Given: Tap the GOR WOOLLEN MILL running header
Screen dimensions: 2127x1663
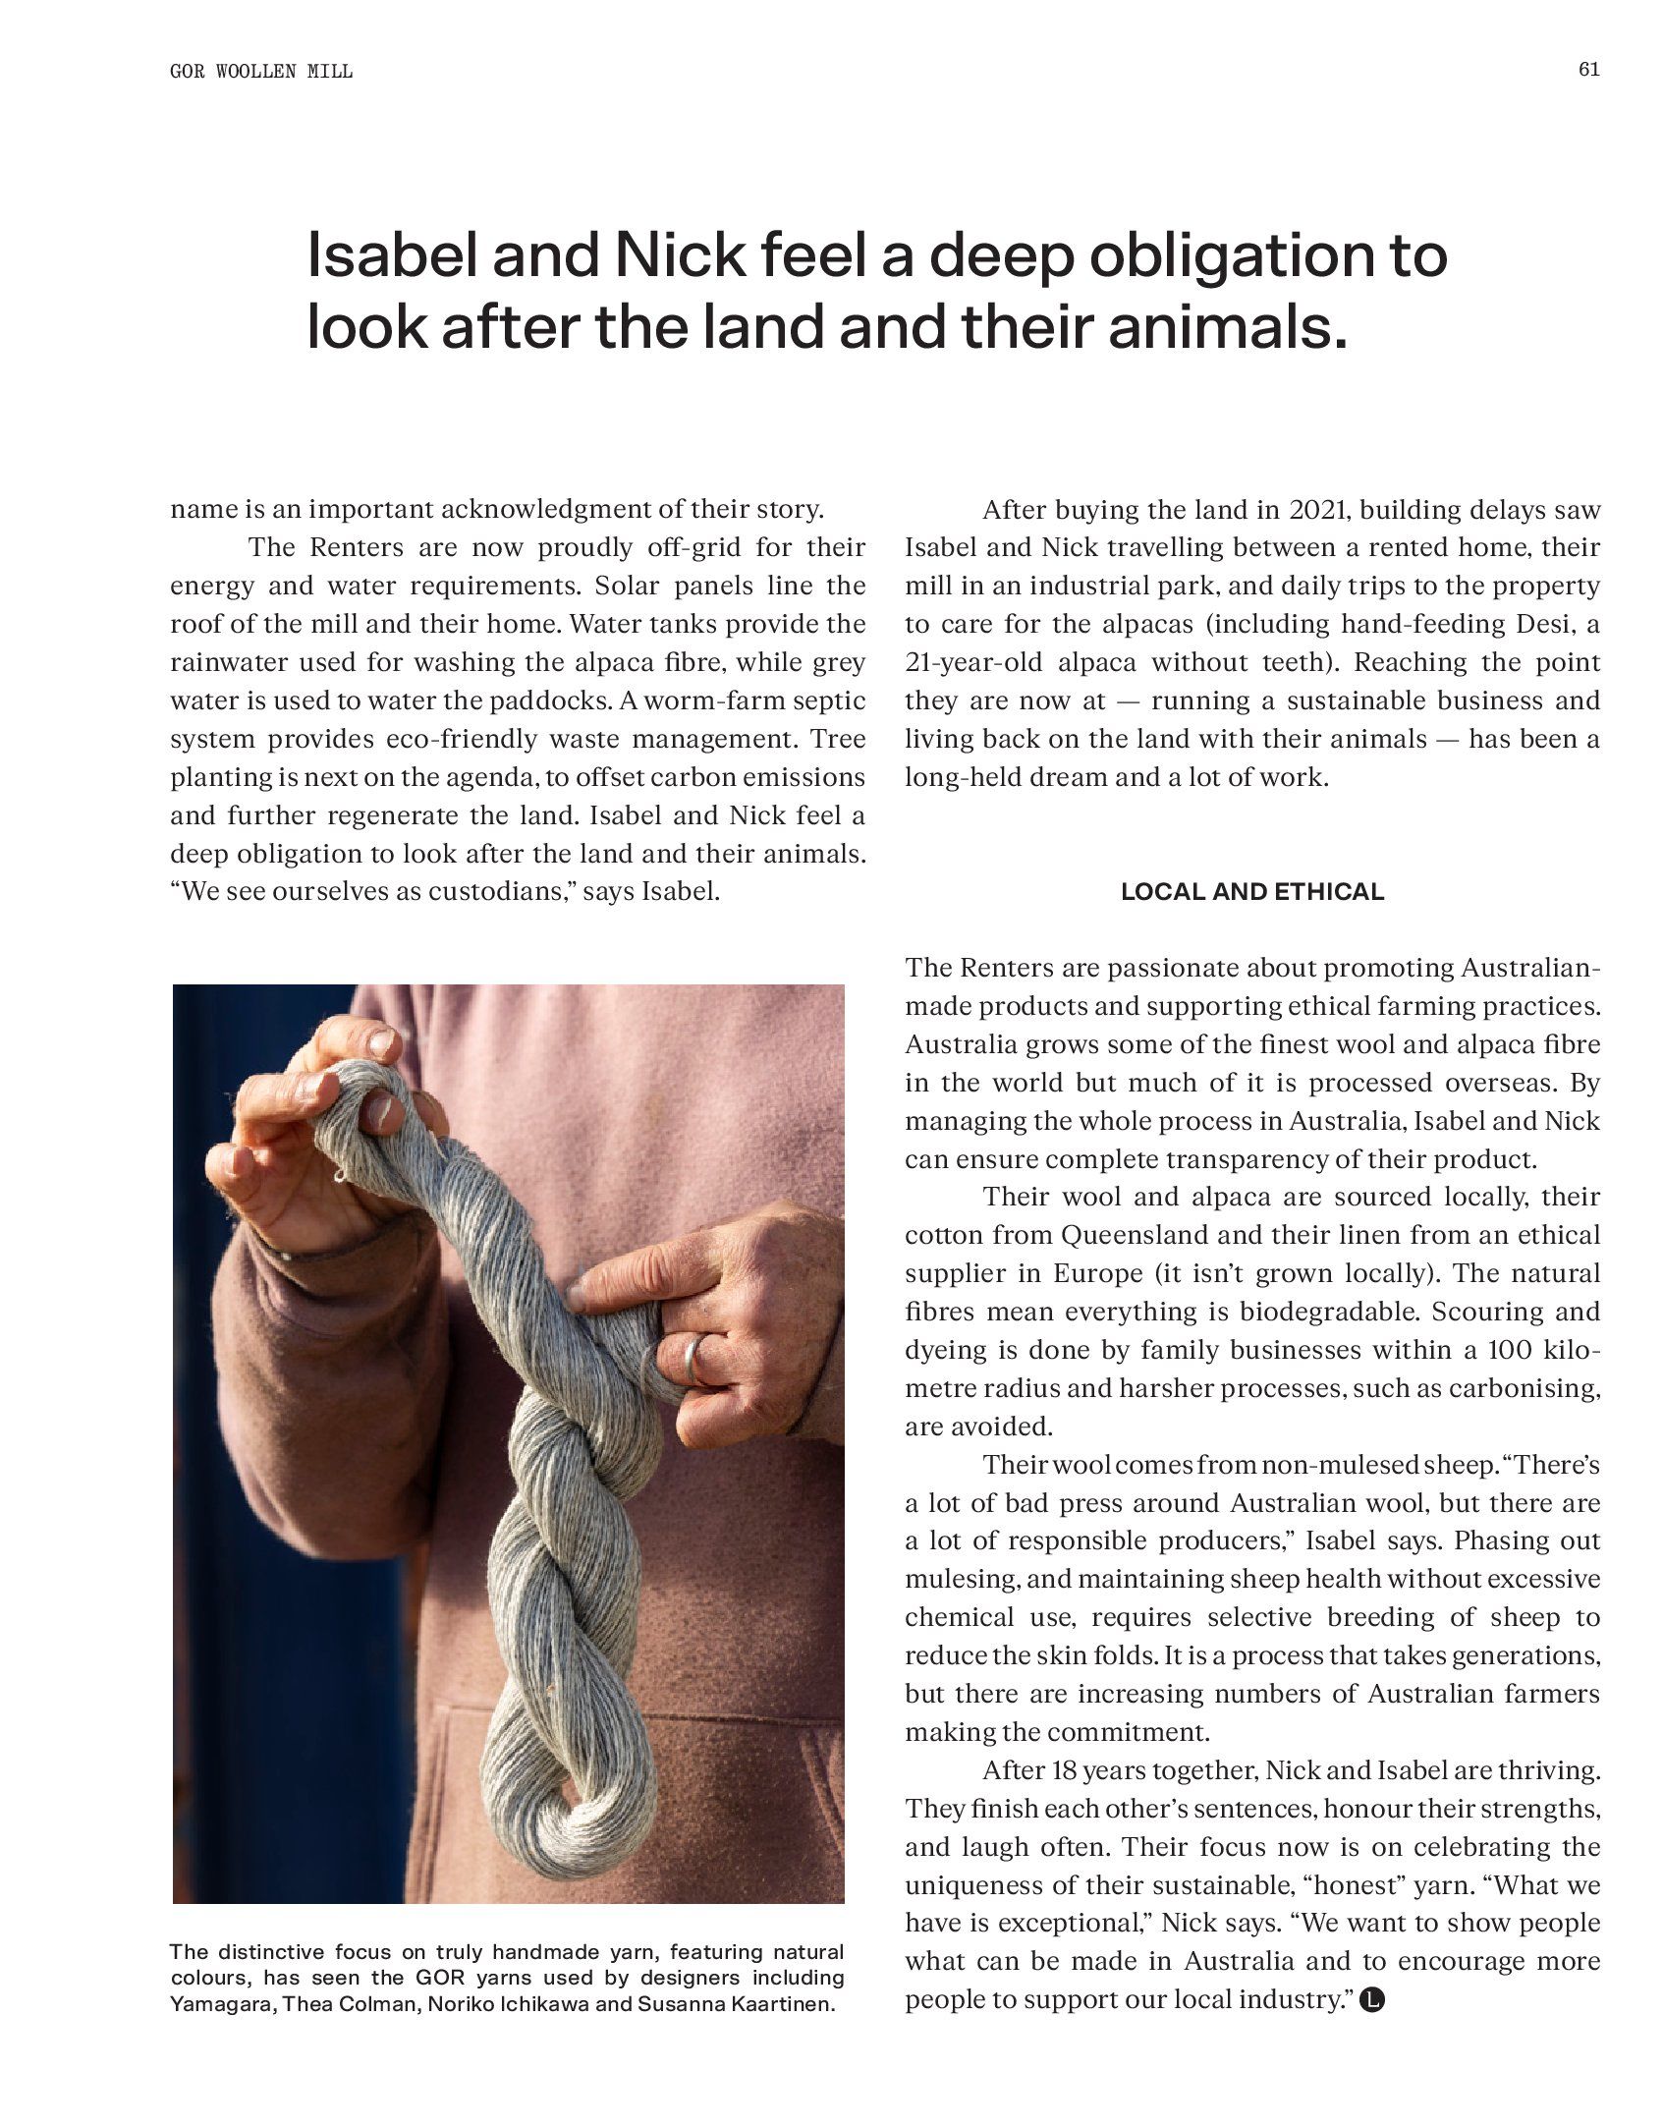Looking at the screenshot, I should [x=261, y=72].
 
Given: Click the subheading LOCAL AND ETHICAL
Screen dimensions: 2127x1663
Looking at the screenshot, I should [x=1252, y=892].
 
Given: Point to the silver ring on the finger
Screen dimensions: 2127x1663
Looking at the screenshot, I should [x=693, y=1358].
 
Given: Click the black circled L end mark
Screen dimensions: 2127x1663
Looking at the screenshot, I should [x=1372, y=1999].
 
